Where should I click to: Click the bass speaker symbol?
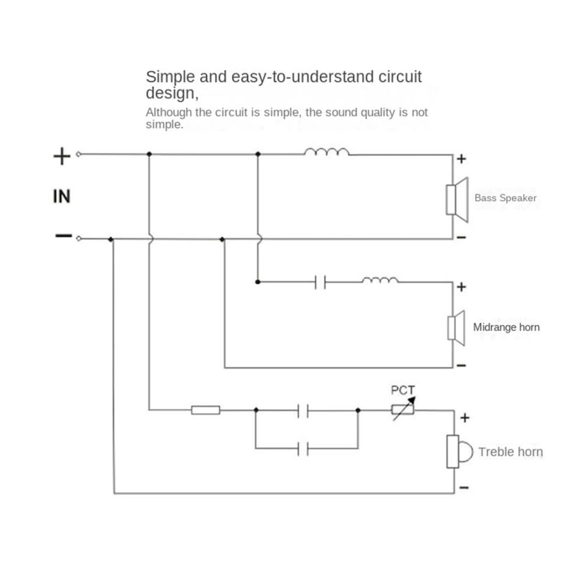point(456,199)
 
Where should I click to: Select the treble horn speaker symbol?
point(458,451)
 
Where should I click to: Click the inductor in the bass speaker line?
point(326,152)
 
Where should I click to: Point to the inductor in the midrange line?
point(380,280)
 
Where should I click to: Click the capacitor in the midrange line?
point(319,282)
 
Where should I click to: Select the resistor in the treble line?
point(206,410)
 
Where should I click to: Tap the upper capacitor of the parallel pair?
point(303,410)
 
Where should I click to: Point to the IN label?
point(61,196)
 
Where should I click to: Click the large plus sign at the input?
point(62,156)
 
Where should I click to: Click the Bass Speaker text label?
point(505,198)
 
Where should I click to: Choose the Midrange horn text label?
point(506,327)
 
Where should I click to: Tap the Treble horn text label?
point(510,452)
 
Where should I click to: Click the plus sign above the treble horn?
point(465,417)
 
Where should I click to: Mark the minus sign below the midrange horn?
point(461,366)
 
